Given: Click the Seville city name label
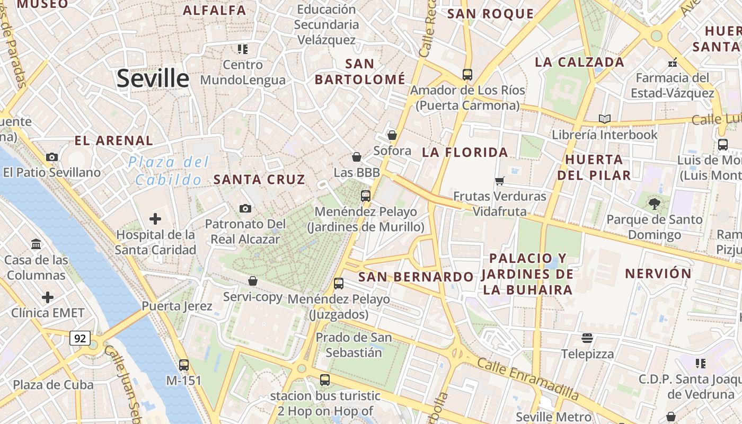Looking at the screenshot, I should coord(153,78).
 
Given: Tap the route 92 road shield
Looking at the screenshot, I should coord(79,338).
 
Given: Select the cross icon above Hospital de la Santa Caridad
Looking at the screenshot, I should coord(155,218).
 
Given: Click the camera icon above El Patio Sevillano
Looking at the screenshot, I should coord(52,157).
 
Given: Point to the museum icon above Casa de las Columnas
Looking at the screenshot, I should coord(37,244).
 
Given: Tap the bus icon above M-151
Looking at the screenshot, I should coord(184,365).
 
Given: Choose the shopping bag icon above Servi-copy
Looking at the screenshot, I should coord(253,281).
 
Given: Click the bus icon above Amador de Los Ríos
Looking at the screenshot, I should coord(467,75).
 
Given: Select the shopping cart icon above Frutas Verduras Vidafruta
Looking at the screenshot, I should coord(499,181).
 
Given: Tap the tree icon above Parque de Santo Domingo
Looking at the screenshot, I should coord(655,203).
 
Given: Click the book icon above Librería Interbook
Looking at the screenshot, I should coord(604,119).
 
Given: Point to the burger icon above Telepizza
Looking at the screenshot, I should coord(587,338).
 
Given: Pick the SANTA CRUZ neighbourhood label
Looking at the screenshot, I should coord(259,179).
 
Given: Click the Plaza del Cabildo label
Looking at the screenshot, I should coord(169,171).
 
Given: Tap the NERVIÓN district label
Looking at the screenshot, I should coord(658,273).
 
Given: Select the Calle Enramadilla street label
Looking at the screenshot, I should coord(528,378).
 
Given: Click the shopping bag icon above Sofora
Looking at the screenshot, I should coord(392,135).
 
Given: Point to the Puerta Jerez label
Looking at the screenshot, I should coord(177,306).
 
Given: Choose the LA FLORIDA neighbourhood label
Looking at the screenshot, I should coord(465,153).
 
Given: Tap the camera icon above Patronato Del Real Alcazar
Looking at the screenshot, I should coord(245,208).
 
